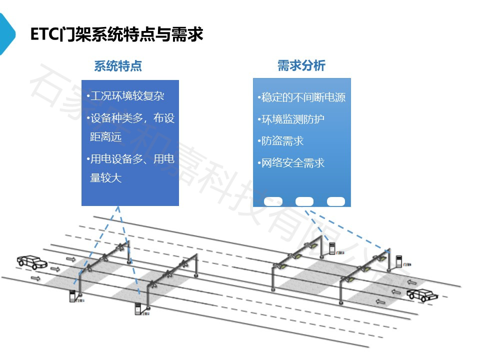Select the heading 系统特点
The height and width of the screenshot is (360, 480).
118,66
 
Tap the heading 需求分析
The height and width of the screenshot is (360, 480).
301,65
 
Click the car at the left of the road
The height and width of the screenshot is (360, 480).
31,261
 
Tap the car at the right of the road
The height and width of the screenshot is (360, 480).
422,294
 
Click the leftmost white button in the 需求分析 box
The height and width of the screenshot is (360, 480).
273,201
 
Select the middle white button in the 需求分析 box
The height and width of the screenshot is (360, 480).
304,201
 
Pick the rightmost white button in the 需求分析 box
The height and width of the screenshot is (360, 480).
336,201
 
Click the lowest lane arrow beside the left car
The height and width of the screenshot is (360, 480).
35,277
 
